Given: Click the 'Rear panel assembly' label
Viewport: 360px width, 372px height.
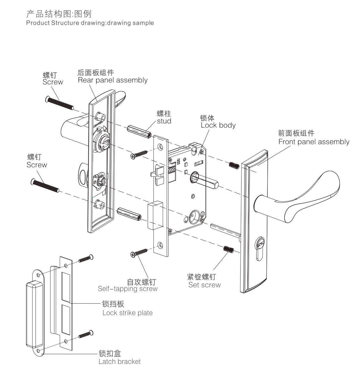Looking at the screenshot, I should coord(113,80).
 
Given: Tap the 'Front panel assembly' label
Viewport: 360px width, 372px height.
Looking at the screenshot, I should coord(314,142).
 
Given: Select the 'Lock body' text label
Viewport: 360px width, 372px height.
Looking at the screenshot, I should coord(218,125).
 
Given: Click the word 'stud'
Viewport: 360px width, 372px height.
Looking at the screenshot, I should coord(164,121).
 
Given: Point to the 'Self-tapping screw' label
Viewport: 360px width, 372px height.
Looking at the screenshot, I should coord(127,289).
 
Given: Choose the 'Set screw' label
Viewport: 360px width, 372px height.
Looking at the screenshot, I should coord(205,285).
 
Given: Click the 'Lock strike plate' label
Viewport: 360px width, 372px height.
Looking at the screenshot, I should coord(127,313).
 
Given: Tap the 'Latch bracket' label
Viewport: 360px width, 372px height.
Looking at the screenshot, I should coord(119,362).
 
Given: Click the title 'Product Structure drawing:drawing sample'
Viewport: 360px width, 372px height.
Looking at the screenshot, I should coord(90,23).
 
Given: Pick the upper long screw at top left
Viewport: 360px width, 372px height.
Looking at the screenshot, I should coord(59,102).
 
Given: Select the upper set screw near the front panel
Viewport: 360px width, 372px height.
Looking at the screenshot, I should coord(234,165).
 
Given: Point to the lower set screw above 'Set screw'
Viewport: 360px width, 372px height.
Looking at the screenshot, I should coord(228,249).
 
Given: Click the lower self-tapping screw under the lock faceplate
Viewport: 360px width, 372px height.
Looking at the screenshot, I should coord(139,252).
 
